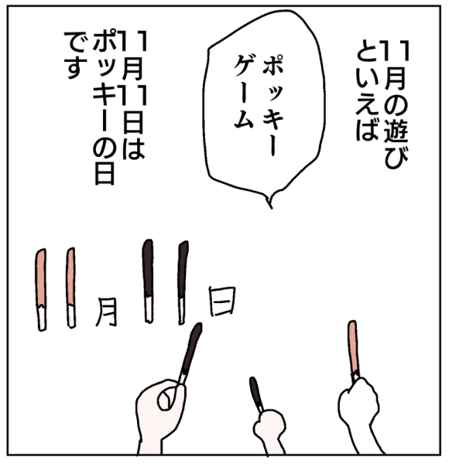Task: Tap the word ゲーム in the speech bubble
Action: (x=243, y=92)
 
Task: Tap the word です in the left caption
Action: (x=75, y=56)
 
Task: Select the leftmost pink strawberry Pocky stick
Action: (x=41, y=289)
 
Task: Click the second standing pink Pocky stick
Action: (x=70, y=288)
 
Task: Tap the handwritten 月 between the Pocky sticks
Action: (x=106, y=312)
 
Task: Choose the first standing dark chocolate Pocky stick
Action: (x=148, y=281)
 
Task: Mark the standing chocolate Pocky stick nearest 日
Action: (x=183, y=282)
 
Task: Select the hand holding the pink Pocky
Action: (x=359, y=415)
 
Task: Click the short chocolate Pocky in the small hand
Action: (x=256, y=394)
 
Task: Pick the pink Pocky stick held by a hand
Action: (x=353, y=350)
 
